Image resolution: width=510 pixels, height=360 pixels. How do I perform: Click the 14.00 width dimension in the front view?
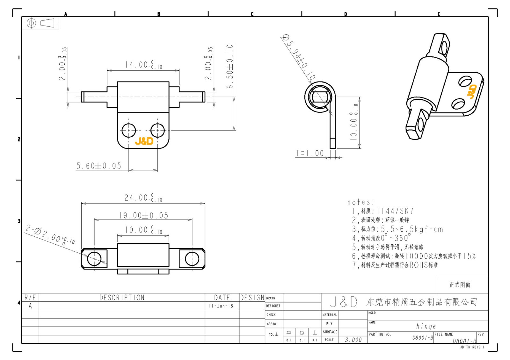pyautogui.click(x=143, y=65)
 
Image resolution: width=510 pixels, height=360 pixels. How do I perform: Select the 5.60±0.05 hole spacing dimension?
pyautogui.click(x=99, y=166)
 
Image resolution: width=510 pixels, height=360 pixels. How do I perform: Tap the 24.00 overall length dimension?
pyautogui.click(x=143, y=198)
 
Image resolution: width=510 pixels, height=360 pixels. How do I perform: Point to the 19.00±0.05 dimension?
pyautogui.click(x=143, y=216)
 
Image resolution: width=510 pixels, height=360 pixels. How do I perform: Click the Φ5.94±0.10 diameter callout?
pyautogui.click(x=298, y=57)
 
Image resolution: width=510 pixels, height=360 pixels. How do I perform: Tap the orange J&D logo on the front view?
pyautogui.click(x=144, y=141)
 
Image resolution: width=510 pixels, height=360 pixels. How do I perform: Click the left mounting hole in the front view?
pyautogui.click(x=129, y=130)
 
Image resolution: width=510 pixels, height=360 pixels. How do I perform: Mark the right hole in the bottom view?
pyautogui.click(x=192, y=258)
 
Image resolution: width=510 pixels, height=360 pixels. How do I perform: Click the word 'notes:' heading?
pyautogui.click(x=361, y=202)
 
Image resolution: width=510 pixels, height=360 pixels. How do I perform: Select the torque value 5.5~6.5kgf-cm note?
pyautogui.click(x=397, y=229)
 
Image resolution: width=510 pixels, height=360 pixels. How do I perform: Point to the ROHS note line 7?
pyautogui.click(x=395, y=265)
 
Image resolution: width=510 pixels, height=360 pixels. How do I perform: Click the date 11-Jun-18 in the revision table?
pyautogui.click(x=221, y=306)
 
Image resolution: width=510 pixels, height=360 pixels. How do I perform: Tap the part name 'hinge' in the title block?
pyautogui.click(x=426, y=326)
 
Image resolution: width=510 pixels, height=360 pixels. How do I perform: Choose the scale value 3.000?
pyautogui.click(x=353, y=340)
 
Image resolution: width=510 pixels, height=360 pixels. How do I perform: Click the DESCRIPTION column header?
pyautogui.click(x=122, y=298)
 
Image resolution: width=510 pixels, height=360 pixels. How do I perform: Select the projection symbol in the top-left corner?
pyautogui.click(x=40, y=23)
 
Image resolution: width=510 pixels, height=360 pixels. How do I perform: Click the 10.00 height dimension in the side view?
pyautogui.click(x=354, y=122)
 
